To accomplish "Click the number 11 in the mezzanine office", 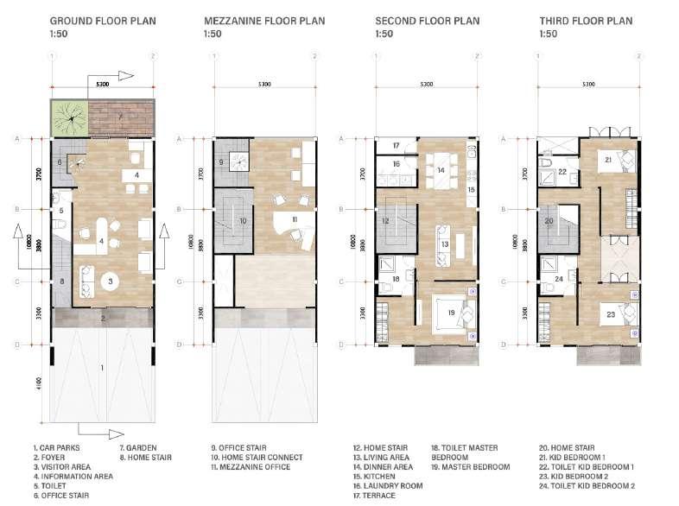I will click(294, 219).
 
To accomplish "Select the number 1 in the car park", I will click(102, 369).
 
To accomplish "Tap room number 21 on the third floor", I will click(607, 160).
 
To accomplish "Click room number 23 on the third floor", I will click(610, 315).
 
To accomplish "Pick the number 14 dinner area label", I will click(441, 170).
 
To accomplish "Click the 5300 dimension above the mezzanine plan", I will click(265, 85).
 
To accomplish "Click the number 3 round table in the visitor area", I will click(111, 281).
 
